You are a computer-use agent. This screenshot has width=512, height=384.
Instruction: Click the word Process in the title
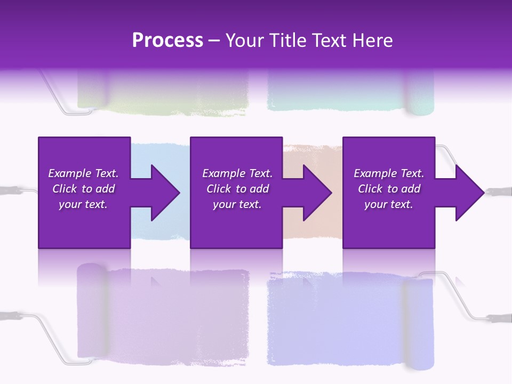coord(167,40)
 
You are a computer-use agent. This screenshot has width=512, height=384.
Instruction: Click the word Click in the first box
coord(65,189)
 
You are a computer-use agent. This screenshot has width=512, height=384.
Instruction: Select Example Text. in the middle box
coord(237,173)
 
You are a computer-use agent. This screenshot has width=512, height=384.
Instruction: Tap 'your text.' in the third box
coord(388,204)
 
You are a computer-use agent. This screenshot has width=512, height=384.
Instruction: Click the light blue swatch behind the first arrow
coord(155,155)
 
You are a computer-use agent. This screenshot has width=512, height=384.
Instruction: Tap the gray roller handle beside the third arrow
coord(499,190)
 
